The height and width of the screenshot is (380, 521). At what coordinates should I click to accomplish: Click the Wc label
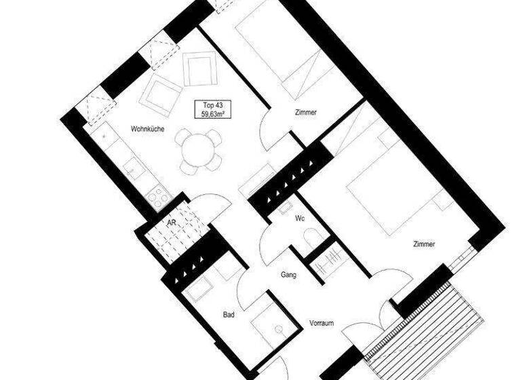click(299, 218)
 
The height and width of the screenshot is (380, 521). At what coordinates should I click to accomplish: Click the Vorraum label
click(322, 323)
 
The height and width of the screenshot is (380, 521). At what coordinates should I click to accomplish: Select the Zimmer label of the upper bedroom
click(305, 113)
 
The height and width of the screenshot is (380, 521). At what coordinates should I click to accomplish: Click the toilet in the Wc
click(313, 237)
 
